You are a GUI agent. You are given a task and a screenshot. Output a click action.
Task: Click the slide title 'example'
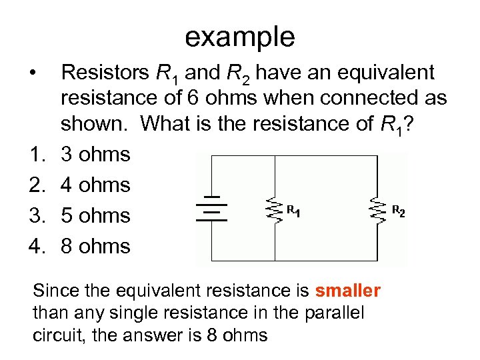click(239, 37)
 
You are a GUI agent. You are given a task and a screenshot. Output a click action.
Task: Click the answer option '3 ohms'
click(95, 155)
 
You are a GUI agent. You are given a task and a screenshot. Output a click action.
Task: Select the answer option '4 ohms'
click(95, 185)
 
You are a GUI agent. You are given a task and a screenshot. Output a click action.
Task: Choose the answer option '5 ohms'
click(95, 216)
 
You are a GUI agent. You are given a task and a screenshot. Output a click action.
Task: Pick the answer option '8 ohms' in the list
click(95, 247)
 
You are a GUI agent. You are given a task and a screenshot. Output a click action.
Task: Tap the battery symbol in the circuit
click(213, 210)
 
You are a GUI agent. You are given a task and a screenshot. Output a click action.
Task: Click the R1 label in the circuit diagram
click(293, 211)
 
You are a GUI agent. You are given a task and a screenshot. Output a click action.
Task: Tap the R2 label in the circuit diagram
click(397, 211)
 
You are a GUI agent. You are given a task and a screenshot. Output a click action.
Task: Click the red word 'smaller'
click(347, 291)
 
